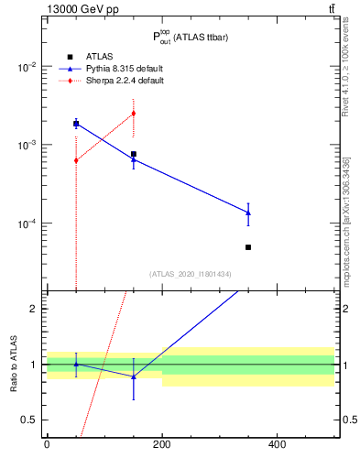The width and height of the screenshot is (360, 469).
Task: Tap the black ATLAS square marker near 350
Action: (248, 247)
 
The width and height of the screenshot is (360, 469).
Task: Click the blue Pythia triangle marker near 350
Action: (248, 213)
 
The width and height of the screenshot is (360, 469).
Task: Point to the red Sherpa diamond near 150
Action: (134, 114)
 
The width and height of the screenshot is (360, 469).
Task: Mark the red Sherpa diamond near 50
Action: (76, 160)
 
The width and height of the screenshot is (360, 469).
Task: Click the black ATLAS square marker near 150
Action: (134, 154)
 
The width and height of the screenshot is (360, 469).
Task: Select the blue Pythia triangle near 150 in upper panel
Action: (134, 160)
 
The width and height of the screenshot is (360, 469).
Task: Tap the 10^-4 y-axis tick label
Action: (26, 224)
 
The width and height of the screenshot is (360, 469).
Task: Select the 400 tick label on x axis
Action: (277, 445)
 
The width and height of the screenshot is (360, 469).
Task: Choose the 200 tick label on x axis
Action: (162, 445)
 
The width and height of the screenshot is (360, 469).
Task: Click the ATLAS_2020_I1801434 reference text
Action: (190, 274)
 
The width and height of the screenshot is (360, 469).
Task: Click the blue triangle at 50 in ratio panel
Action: (76, 364)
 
